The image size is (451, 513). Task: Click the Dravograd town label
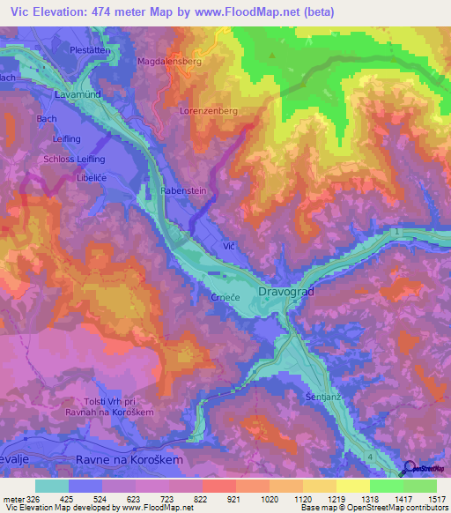click(286, 290)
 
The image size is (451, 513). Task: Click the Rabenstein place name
click(183, 190)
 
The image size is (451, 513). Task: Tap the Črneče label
click(225, 298)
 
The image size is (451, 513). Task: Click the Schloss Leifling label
click(74, 158)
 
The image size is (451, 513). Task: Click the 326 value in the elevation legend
click(26, 499)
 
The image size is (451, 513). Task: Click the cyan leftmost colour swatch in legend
click(52, 486)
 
